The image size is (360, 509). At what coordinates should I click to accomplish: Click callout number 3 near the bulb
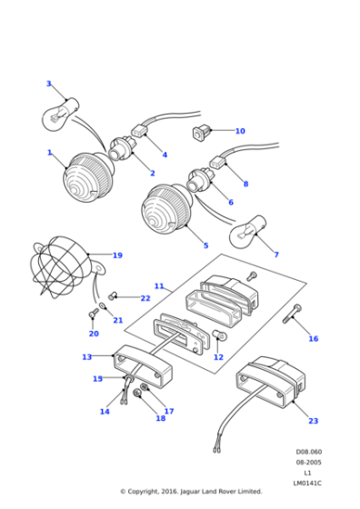coord(49,84)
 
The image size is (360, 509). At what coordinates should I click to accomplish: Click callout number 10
coord(240,131)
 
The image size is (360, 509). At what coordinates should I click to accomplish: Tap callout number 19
coord(117,255)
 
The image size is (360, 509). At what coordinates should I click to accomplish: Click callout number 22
coord(145,298)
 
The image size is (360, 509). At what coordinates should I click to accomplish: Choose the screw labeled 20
coord(93,315)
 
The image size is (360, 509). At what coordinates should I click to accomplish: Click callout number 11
coord(159,286)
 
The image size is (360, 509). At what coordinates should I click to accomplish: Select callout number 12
coord(218,357)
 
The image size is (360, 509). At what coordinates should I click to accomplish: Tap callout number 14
coord(105,412)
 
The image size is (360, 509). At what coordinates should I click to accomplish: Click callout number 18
coord(161,418)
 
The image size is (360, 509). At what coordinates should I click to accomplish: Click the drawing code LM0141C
coord(307,482)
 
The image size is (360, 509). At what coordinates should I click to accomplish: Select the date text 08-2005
coord(307,462)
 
